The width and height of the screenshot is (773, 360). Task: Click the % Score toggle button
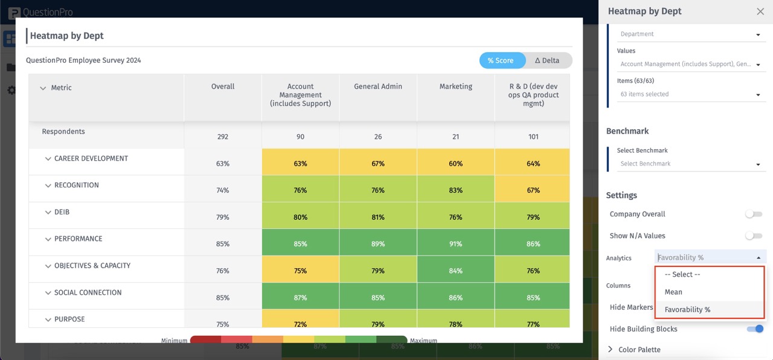501,60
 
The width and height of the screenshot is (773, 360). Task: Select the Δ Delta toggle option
547,60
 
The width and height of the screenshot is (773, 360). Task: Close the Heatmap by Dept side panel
760,11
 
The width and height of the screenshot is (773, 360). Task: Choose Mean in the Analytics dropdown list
673,292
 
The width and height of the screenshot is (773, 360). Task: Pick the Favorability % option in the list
687,309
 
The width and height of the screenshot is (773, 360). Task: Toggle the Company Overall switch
753,214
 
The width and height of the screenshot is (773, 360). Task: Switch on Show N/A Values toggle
753,236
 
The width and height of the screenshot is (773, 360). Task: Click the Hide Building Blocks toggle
755,329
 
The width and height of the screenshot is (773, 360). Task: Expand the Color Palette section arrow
611,349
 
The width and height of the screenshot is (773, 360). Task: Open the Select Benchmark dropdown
690,164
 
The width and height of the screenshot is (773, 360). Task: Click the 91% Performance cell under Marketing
455,244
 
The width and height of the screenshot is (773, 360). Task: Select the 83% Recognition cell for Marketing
455,190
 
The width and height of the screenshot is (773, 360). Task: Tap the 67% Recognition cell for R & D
533,190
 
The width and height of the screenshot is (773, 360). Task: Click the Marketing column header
455,87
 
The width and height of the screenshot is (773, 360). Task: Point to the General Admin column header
378,87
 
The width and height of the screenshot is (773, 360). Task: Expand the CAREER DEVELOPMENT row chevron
48,159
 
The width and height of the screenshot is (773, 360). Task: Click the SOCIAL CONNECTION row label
88,292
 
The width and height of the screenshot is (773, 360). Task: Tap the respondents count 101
533,137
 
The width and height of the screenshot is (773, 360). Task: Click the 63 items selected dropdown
690,94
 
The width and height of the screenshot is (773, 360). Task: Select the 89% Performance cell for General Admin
378,244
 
